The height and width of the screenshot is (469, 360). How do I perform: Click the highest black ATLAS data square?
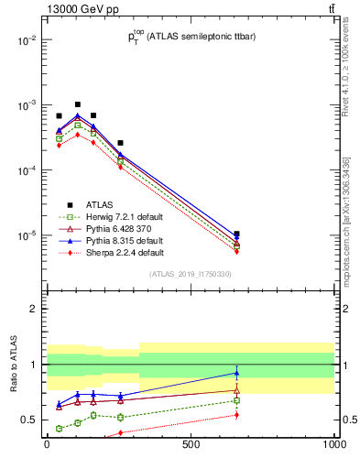[78, 104]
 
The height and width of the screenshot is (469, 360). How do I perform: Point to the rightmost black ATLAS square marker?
[236, 234]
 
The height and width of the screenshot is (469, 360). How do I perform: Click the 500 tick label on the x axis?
[191, 444]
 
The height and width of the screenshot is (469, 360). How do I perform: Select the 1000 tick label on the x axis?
[333, 444]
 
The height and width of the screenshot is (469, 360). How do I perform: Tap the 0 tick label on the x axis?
[47, 444]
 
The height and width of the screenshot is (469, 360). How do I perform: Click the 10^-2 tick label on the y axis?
[26, 40]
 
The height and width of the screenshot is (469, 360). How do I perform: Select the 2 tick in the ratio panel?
[35, 309]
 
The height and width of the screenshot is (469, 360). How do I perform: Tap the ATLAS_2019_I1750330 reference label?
[191, 274]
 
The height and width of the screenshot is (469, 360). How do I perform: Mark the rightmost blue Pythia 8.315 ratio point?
[236, 373]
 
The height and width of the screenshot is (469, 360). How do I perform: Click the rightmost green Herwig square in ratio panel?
[236, 400]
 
